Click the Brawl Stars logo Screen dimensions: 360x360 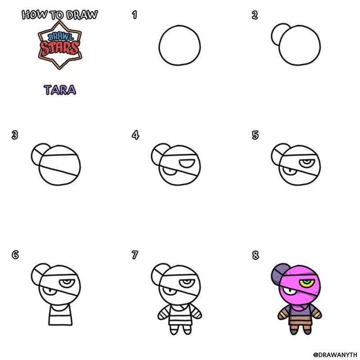[x=59, y=47]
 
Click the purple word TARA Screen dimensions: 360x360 [x=60, y=90]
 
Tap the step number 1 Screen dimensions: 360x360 [x=135, y=15]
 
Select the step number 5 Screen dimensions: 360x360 [x=255, y=135]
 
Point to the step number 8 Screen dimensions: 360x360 [x=255, y=255]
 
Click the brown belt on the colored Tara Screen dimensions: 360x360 [x=299, y=323]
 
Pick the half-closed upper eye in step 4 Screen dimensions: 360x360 [x=186, y=161]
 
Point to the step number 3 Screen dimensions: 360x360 [x=15, y=135]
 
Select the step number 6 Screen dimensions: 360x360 [x=15, y=255]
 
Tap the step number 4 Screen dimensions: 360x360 [x=135, y=135]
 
